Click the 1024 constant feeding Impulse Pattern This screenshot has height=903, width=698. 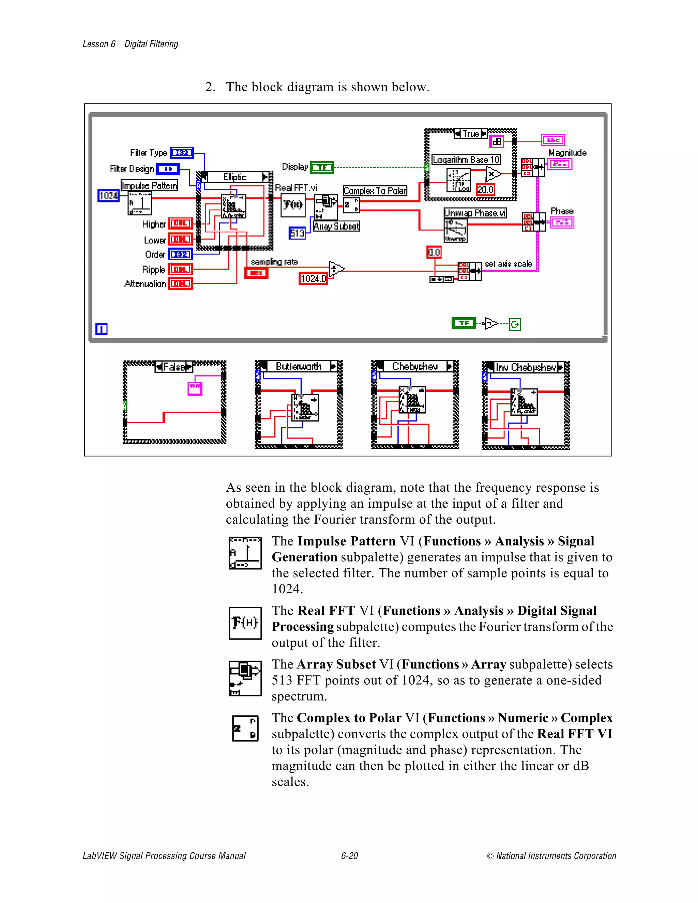click(x=108, y=196)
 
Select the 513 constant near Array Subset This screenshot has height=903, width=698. click(x=297, y=233)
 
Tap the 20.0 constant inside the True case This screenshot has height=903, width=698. click(x=485, y=190)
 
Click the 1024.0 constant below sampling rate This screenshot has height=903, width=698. click(x=313, y=279)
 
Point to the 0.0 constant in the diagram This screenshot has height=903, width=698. click(x=434, y=252)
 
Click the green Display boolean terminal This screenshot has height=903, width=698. click(x=321, y=167)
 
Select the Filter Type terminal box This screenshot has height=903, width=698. click(x=182, y=153)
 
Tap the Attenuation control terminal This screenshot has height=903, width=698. click(x=180, y=284)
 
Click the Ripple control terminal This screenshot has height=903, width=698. click(x=180, y=270)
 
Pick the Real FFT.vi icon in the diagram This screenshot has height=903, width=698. click(x=293, y=205)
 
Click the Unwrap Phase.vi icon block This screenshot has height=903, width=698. click(x=455, y=230)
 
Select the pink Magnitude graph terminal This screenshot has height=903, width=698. click(x=560, y=165)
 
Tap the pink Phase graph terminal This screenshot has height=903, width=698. click(x=562, y=223)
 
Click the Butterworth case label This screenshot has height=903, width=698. click(x=299, y=367)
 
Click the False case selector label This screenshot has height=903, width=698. click(x=174, y=367)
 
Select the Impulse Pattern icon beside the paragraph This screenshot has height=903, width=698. click(x=245, y=553)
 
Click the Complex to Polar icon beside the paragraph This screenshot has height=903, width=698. click(x=245, y=729)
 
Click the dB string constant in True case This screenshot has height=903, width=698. click(x=496, y=141)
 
